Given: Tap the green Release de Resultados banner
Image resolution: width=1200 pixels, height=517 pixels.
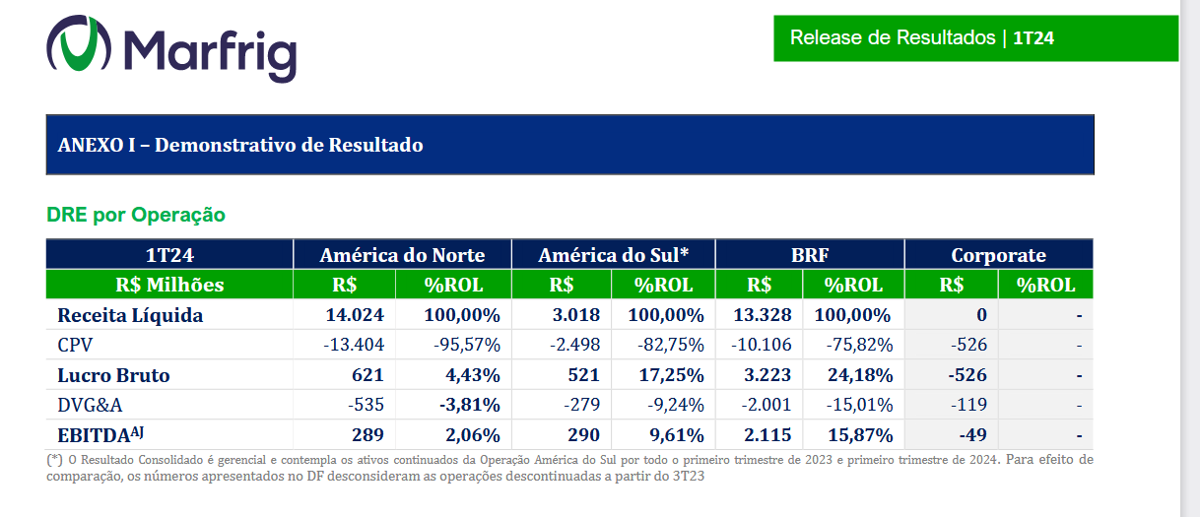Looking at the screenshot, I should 975,38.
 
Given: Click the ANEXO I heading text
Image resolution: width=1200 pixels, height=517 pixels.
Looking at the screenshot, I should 240,145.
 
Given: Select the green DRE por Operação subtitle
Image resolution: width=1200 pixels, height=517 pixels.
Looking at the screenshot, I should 136,215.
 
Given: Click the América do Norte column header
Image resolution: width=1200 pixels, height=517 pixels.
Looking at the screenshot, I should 402,255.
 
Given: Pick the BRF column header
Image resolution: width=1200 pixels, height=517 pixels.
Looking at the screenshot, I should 810,255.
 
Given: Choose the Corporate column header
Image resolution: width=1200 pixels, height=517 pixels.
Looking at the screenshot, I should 998,255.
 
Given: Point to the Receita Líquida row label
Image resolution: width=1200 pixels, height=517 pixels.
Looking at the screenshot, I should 130,315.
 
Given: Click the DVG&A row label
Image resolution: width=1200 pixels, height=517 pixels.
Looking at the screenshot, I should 90,405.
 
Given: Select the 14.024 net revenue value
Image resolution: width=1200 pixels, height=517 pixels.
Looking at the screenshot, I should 355,315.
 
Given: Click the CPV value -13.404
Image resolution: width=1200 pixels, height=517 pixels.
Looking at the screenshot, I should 354,346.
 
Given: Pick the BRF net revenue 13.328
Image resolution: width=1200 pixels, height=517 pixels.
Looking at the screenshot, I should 764,315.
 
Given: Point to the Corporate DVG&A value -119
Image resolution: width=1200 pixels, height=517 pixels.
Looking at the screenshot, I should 970,405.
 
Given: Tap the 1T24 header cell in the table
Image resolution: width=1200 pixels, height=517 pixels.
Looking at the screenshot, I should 169,255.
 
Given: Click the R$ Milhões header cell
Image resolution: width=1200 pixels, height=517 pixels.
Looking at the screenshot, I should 169,285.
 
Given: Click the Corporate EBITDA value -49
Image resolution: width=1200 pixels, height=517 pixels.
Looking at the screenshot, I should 974,435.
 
